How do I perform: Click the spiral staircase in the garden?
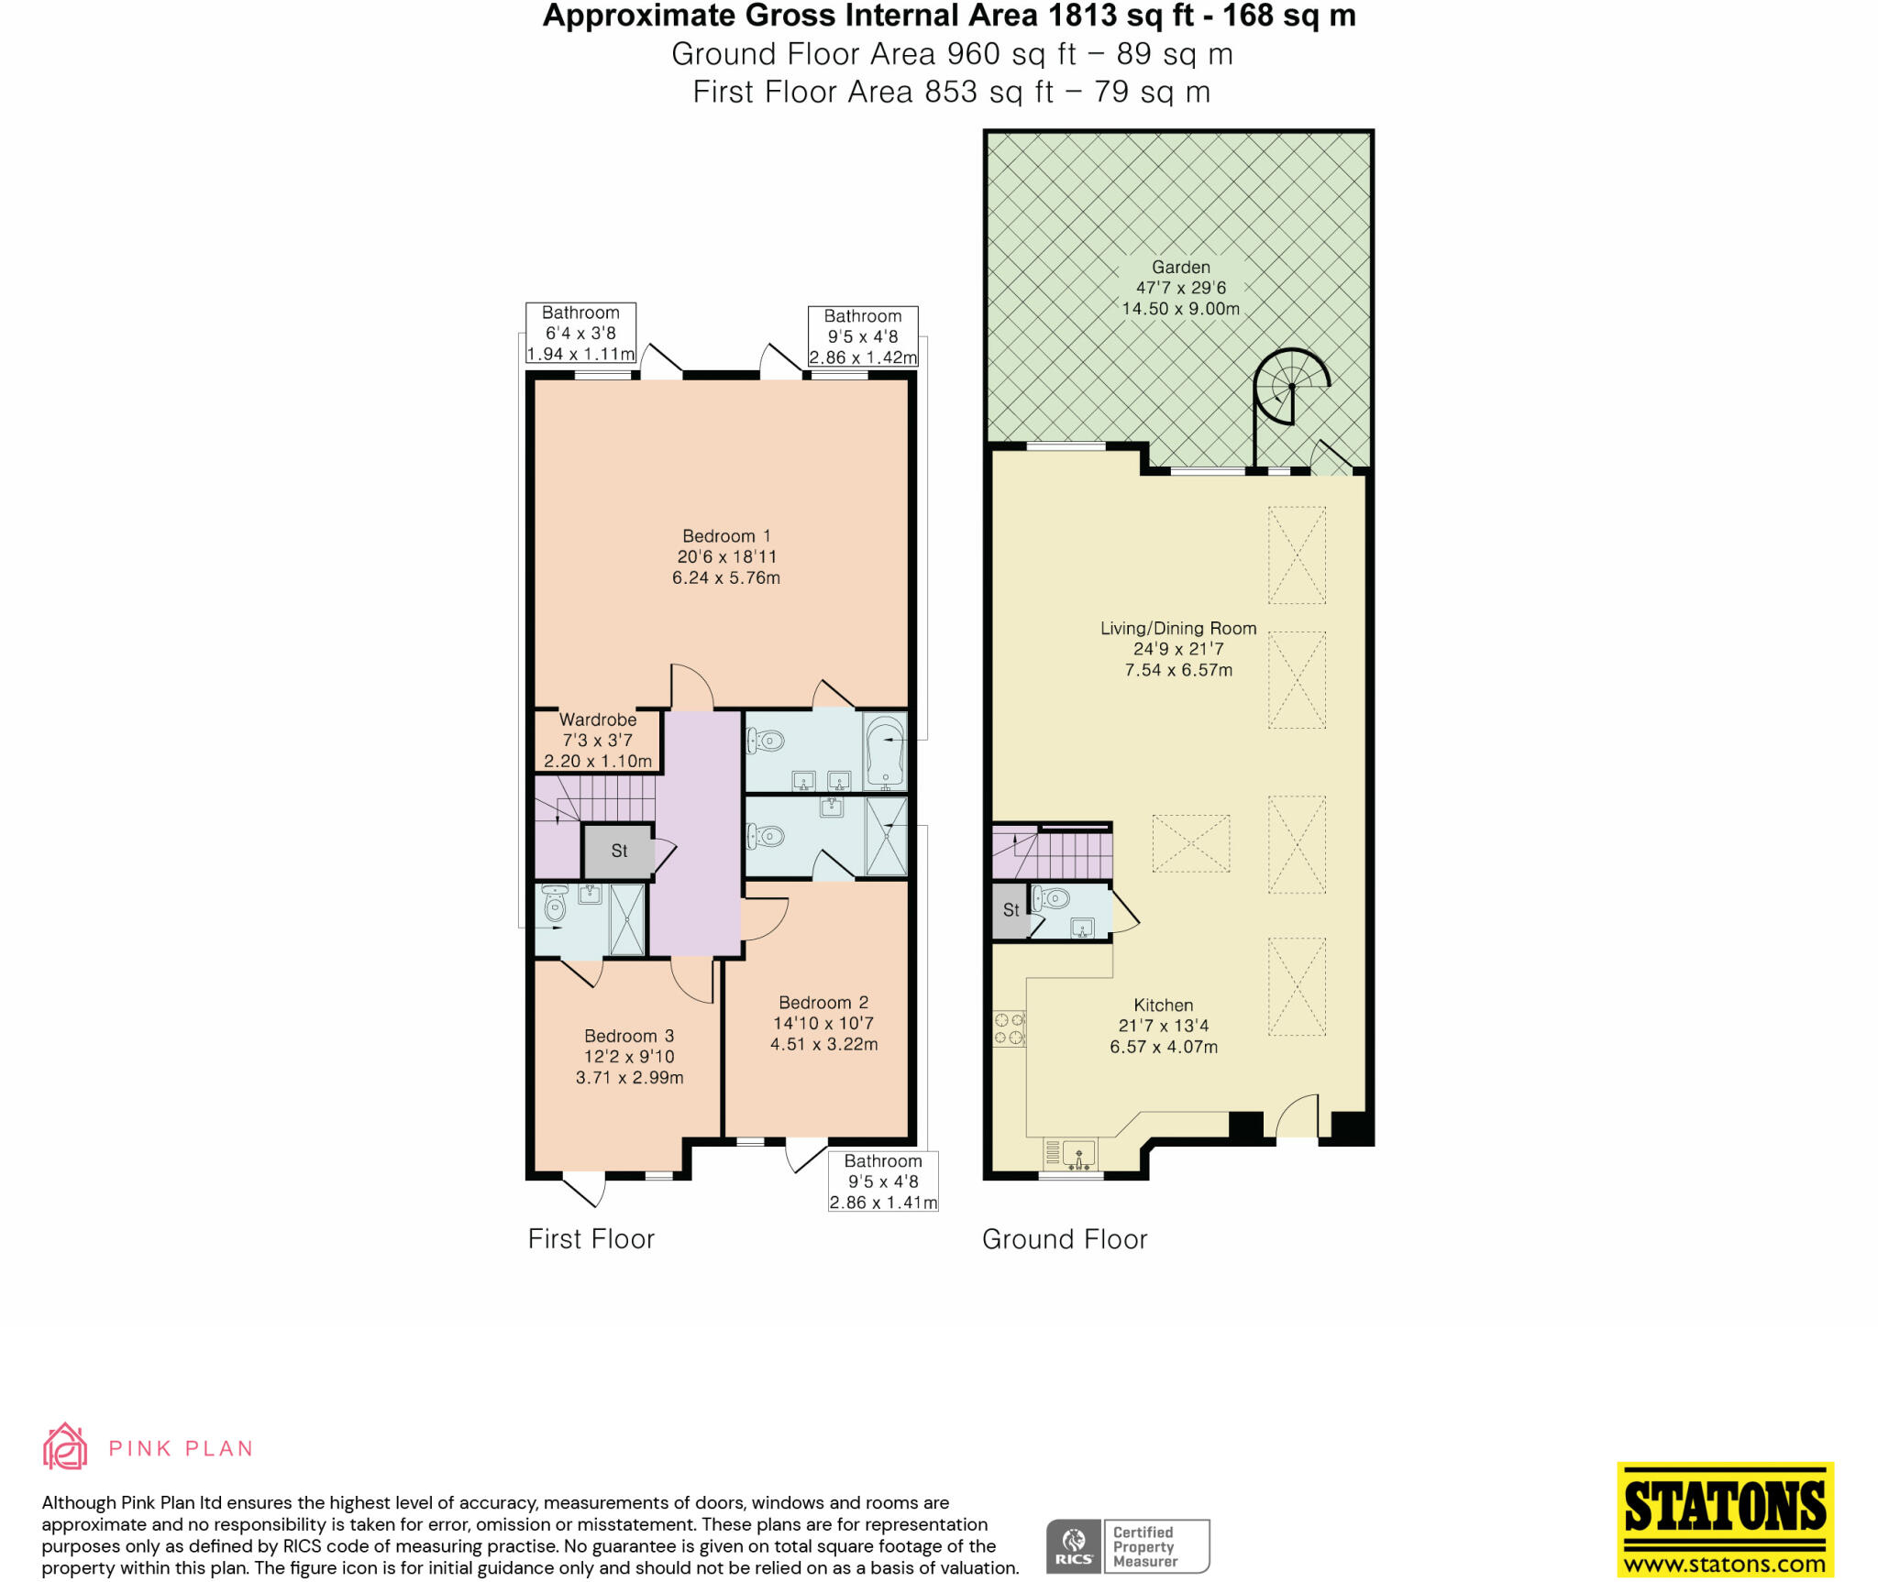click(1291, 387)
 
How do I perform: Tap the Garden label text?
click(1180, 268)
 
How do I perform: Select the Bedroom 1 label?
click(726, 536)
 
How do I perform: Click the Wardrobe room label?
click(598, 720)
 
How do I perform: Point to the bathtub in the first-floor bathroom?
click(885, 752)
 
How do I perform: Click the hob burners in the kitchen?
click(1009, 1028)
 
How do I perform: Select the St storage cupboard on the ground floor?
click(1011, 910)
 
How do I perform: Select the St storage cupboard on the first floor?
click(619, 851)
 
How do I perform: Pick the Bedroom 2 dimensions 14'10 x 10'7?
click(823, 1024)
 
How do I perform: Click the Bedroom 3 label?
click(629, 1037)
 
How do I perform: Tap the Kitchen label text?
click(1163, 1005)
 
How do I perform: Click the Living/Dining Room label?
click(1178, 629)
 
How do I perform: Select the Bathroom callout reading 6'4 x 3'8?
click(580, 334)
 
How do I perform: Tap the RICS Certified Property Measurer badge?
click(1128, 1546)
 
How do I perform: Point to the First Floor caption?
click(591, 1239)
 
